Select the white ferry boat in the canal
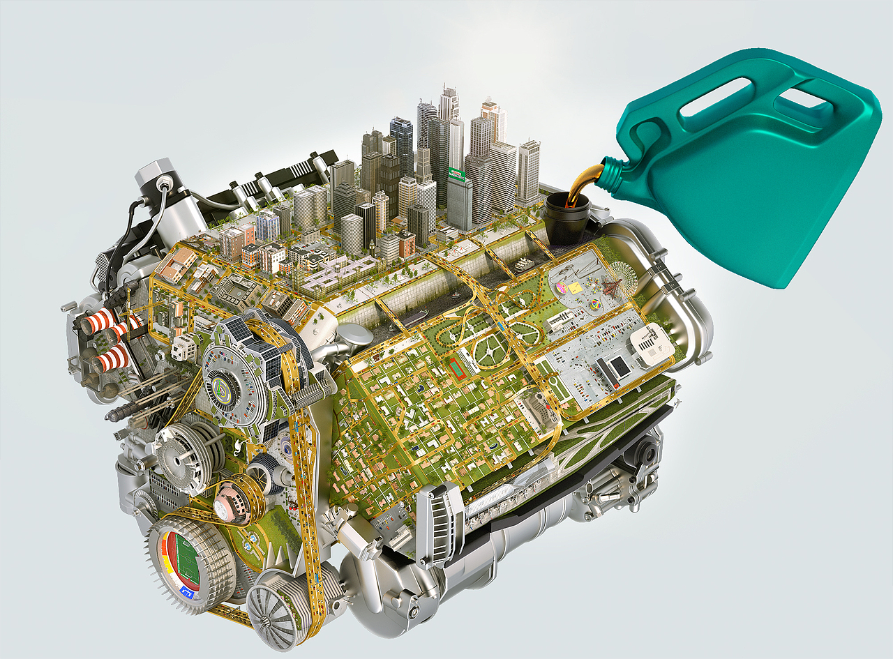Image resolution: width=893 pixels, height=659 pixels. pyautogui.click(x=523, y=264)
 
